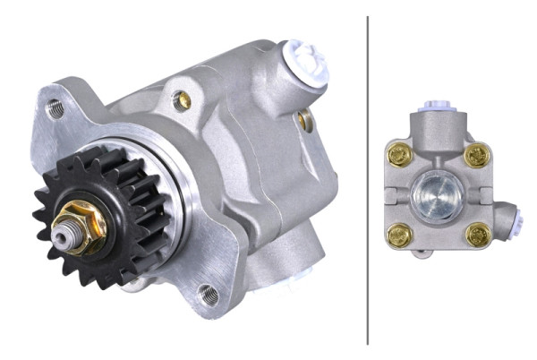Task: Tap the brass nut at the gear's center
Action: pyautogui.click(x=85, y=224)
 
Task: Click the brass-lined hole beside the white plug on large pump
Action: pyautogui.click(x=305, y=118)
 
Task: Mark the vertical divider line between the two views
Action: pyautogui.click(x=368, y=179)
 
